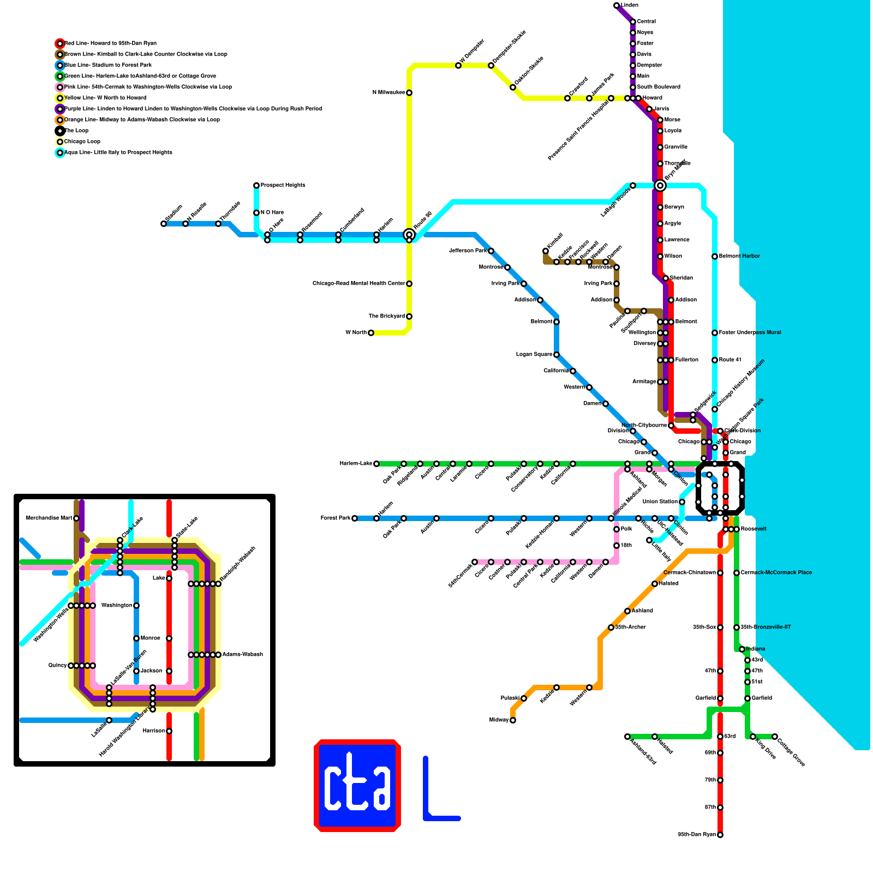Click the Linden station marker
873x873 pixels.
(617, 5)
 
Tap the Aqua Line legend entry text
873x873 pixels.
(118, 153)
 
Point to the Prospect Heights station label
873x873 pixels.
(283, 186)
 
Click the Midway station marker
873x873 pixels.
(513, 720)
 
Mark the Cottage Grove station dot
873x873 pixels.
(775, 737)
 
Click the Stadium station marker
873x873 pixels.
(164, 224)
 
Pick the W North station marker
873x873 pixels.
(371, 333)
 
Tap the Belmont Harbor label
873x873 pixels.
(739, 256)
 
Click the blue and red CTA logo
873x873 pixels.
(357, 786)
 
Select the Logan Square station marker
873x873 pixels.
(557, 355)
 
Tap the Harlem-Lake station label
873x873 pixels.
(356, 464)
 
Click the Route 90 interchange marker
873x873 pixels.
(409, 235)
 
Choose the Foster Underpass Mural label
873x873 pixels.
(750, 333)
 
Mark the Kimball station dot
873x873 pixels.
(546, 251)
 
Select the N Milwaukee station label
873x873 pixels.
(388, 93)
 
